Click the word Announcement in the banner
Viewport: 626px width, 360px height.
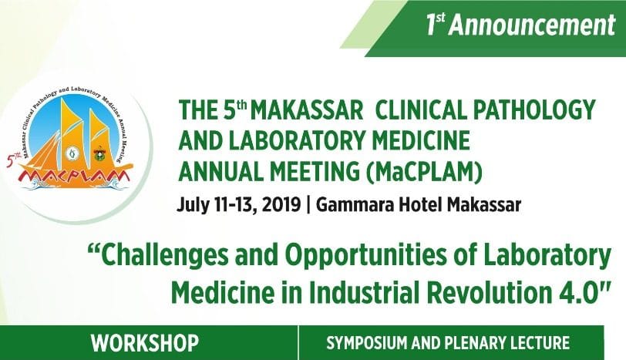533,25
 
